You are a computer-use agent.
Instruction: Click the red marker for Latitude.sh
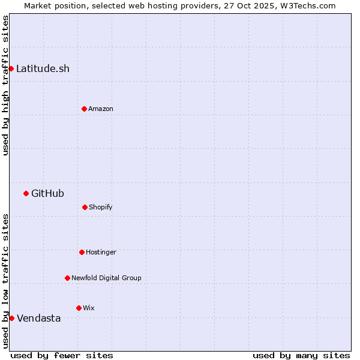click(11, 68)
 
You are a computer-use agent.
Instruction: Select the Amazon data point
click(84, 109)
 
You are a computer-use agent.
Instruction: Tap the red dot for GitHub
click(26, 193)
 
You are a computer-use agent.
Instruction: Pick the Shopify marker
click(85, 207)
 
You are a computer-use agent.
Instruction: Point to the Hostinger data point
click(82, 252)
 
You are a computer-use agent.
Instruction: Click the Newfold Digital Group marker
click(67, 278)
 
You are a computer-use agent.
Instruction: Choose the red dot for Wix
click(79, 308)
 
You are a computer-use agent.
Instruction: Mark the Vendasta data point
click(11, 318)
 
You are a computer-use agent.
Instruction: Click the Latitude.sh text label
click(43, 68)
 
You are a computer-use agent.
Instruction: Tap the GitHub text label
click(47, 193)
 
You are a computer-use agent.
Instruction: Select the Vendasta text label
click(38, 318)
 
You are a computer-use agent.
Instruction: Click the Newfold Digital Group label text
click(106, 278)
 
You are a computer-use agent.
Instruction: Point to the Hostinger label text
click(101, 252)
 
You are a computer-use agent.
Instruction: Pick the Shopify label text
click(100, 207)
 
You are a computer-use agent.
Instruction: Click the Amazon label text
click(100, 109)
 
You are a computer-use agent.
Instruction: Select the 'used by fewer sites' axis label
click(62, 355)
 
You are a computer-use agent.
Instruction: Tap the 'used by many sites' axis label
click(301, 355)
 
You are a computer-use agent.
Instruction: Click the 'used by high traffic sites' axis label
click(5, 85)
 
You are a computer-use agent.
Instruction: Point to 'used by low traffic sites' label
click(5, 281)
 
